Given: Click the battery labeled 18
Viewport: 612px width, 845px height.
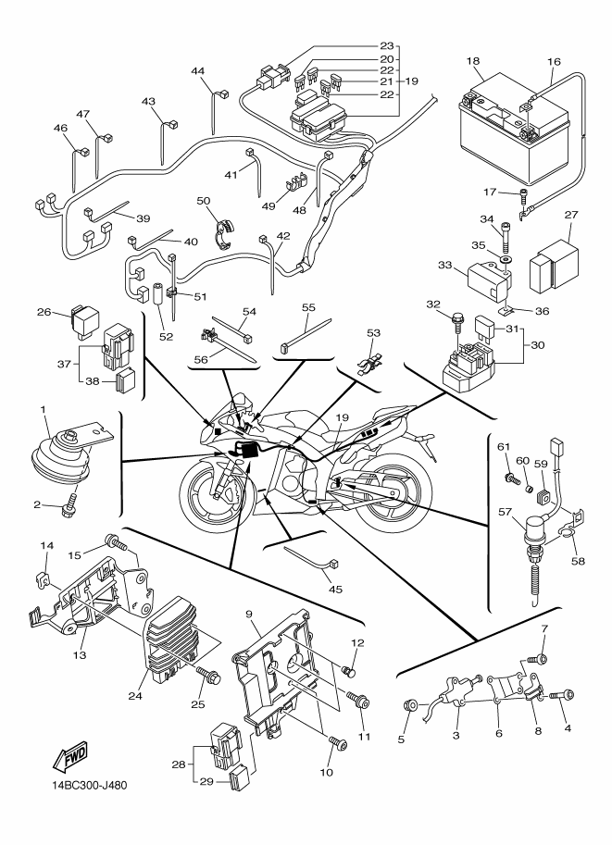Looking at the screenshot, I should point(514,141).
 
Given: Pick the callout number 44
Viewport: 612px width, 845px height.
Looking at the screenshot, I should point(198,71).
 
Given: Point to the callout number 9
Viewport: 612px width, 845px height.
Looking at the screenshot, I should point(249,614).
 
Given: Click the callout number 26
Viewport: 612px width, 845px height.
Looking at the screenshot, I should point(44,312).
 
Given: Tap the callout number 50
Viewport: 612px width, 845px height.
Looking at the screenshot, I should point(204,201).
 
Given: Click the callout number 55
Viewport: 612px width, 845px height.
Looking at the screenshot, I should point(308,305).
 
